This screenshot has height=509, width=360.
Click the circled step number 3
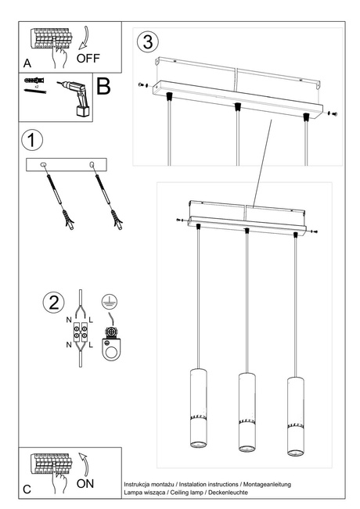(148, 41)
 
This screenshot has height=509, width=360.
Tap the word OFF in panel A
(88, 58)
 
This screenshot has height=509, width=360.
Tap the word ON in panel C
(86, 484)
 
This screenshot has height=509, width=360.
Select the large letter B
(103, 86)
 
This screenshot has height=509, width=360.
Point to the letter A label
(27, 62)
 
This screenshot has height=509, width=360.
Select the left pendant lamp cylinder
(196, 410)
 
